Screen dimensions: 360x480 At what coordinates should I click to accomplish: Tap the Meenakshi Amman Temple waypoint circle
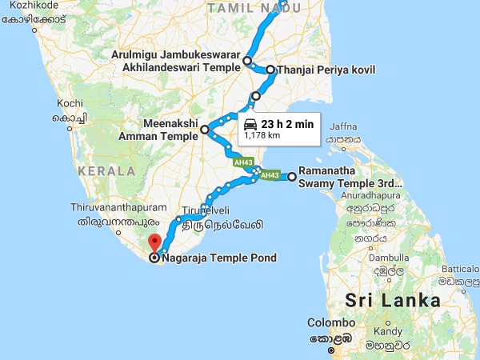205,129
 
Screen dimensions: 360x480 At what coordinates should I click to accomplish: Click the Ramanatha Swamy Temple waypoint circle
292,177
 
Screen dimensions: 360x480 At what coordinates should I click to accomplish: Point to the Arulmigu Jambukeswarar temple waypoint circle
247,61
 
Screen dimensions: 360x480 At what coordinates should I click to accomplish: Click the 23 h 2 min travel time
287,124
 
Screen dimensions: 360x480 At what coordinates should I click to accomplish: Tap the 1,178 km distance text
262,136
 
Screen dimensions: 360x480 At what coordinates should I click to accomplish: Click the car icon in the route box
250,124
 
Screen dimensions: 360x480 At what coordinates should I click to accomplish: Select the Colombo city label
330,325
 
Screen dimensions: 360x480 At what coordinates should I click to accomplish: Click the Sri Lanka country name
393,301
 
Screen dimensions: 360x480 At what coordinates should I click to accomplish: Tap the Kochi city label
70,103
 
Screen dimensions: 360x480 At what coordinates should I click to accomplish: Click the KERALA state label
106,170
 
